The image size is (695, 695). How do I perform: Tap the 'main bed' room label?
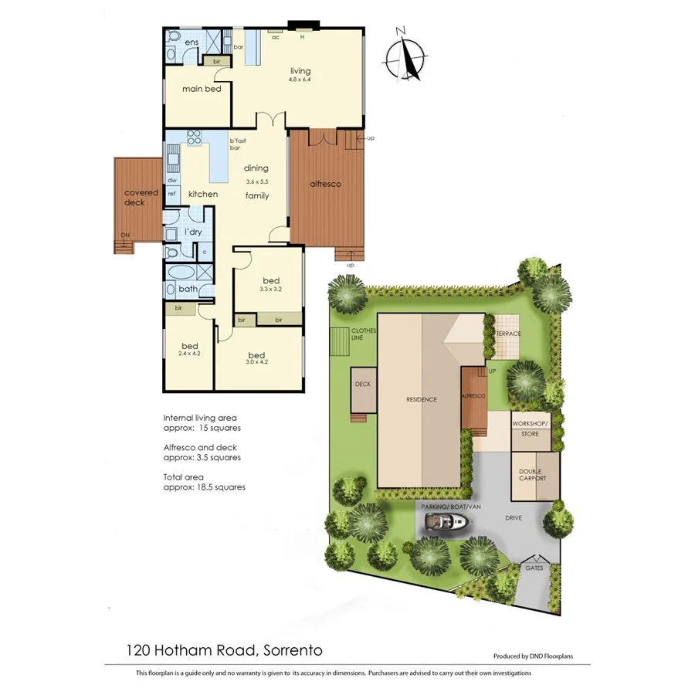coord(202,89)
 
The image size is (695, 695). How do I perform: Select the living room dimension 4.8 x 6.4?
coord(300,80)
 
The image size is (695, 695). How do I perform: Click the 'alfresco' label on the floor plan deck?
coord(325,184)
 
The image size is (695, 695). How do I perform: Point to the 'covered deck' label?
coord(141,198)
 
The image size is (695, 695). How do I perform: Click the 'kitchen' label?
coord(203,194)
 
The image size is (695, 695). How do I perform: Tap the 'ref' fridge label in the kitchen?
coord(172,194)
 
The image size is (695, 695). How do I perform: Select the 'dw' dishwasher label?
coord(172,180)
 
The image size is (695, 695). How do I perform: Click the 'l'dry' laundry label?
coord(192,232)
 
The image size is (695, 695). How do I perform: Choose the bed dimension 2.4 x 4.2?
coord(189,353)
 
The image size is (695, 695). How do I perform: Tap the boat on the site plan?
coord(446,524)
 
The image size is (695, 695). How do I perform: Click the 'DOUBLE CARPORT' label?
coord(531,474)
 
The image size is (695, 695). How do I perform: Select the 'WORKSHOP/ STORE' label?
coord(531,429)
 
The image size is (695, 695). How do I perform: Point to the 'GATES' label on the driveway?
coord(534,568)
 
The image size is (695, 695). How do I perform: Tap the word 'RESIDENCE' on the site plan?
coord(422,399)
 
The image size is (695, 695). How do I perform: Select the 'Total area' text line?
coord(183,477)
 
